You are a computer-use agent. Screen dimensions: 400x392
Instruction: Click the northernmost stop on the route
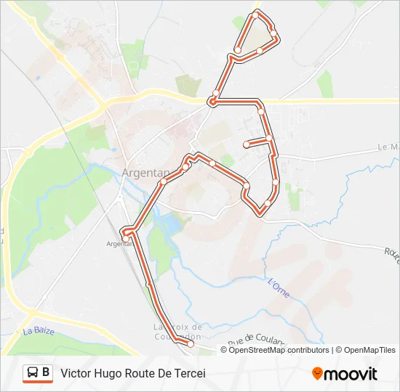click(x=255, y=15)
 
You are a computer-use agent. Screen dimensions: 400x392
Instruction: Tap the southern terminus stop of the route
click(x=191, y=344)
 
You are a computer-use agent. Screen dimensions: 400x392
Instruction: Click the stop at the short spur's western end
click(x=247, y=144)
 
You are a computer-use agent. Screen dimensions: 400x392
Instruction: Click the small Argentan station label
click(x=119, y=245)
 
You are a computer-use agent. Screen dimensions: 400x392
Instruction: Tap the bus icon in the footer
click(x=33, y=373)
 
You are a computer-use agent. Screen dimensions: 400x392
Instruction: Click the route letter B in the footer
click(x=47, y=373)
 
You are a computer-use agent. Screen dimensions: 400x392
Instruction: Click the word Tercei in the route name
click(x=189, y=373)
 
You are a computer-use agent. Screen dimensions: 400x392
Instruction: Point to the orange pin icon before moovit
click(x=317, y=374)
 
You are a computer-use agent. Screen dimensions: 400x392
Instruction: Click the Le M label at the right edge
click(x=389, y=147)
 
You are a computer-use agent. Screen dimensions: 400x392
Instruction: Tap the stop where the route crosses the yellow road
click(x=212, y=100)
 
